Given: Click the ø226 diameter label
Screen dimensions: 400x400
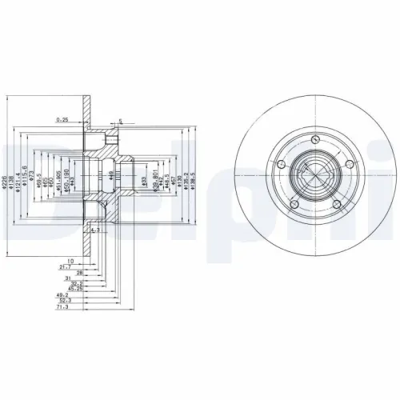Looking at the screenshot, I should click(x=6, y=170).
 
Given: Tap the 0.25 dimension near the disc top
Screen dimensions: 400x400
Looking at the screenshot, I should click(x=62, y=120).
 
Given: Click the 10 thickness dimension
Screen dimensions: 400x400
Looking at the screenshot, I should click(x=70, y=259).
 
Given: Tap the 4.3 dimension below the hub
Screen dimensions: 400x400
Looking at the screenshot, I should click(x=94, y=230).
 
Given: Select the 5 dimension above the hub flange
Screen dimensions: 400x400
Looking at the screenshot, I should click(x=120, y=122).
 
